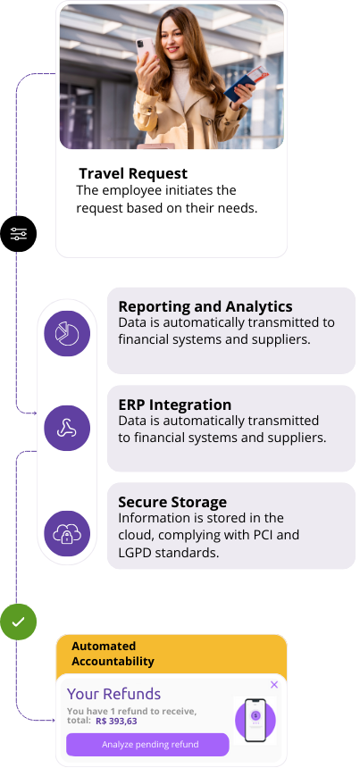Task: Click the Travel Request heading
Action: click(133, 173)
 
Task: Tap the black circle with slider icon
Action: click(18, 234)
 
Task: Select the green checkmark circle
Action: click(18, 622)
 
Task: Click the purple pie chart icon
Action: click(67, 334)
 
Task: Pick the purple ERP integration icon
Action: click(67, 428)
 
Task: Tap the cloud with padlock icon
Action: click(67, 533)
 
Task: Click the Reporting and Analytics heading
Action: click(205, 306)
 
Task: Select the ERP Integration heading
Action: click(174, 405)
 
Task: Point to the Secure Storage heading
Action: click(172, 502)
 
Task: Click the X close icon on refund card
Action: click(274, 684)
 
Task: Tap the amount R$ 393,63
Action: click(116, 721)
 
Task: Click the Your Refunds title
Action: click(113, 694)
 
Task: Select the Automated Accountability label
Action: click(113, 654)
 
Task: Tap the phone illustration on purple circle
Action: click(255, 720)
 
